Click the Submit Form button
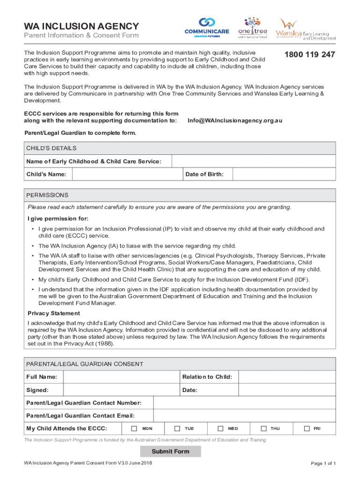(170, 451)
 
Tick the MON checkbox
(134, 428)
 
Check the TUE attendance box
(177, 428)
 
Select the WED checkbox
(220, 428)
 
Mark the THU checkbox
(263, 428)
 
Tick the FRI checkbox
(307, 428)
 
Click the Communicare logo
(207, 28)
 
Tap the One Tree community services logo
(252, 28)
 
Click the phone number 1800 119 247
(310, 55)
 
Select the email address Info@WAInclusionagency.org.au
(235, 120)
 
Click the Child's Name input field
(126, 174)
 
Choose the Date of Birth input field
(284, 174)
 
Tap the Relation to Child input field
(286, 377)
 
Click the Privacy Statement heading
(54, 313)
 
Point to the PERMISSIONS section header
(47, 195)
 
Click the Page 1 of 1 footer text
(323, 464)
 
